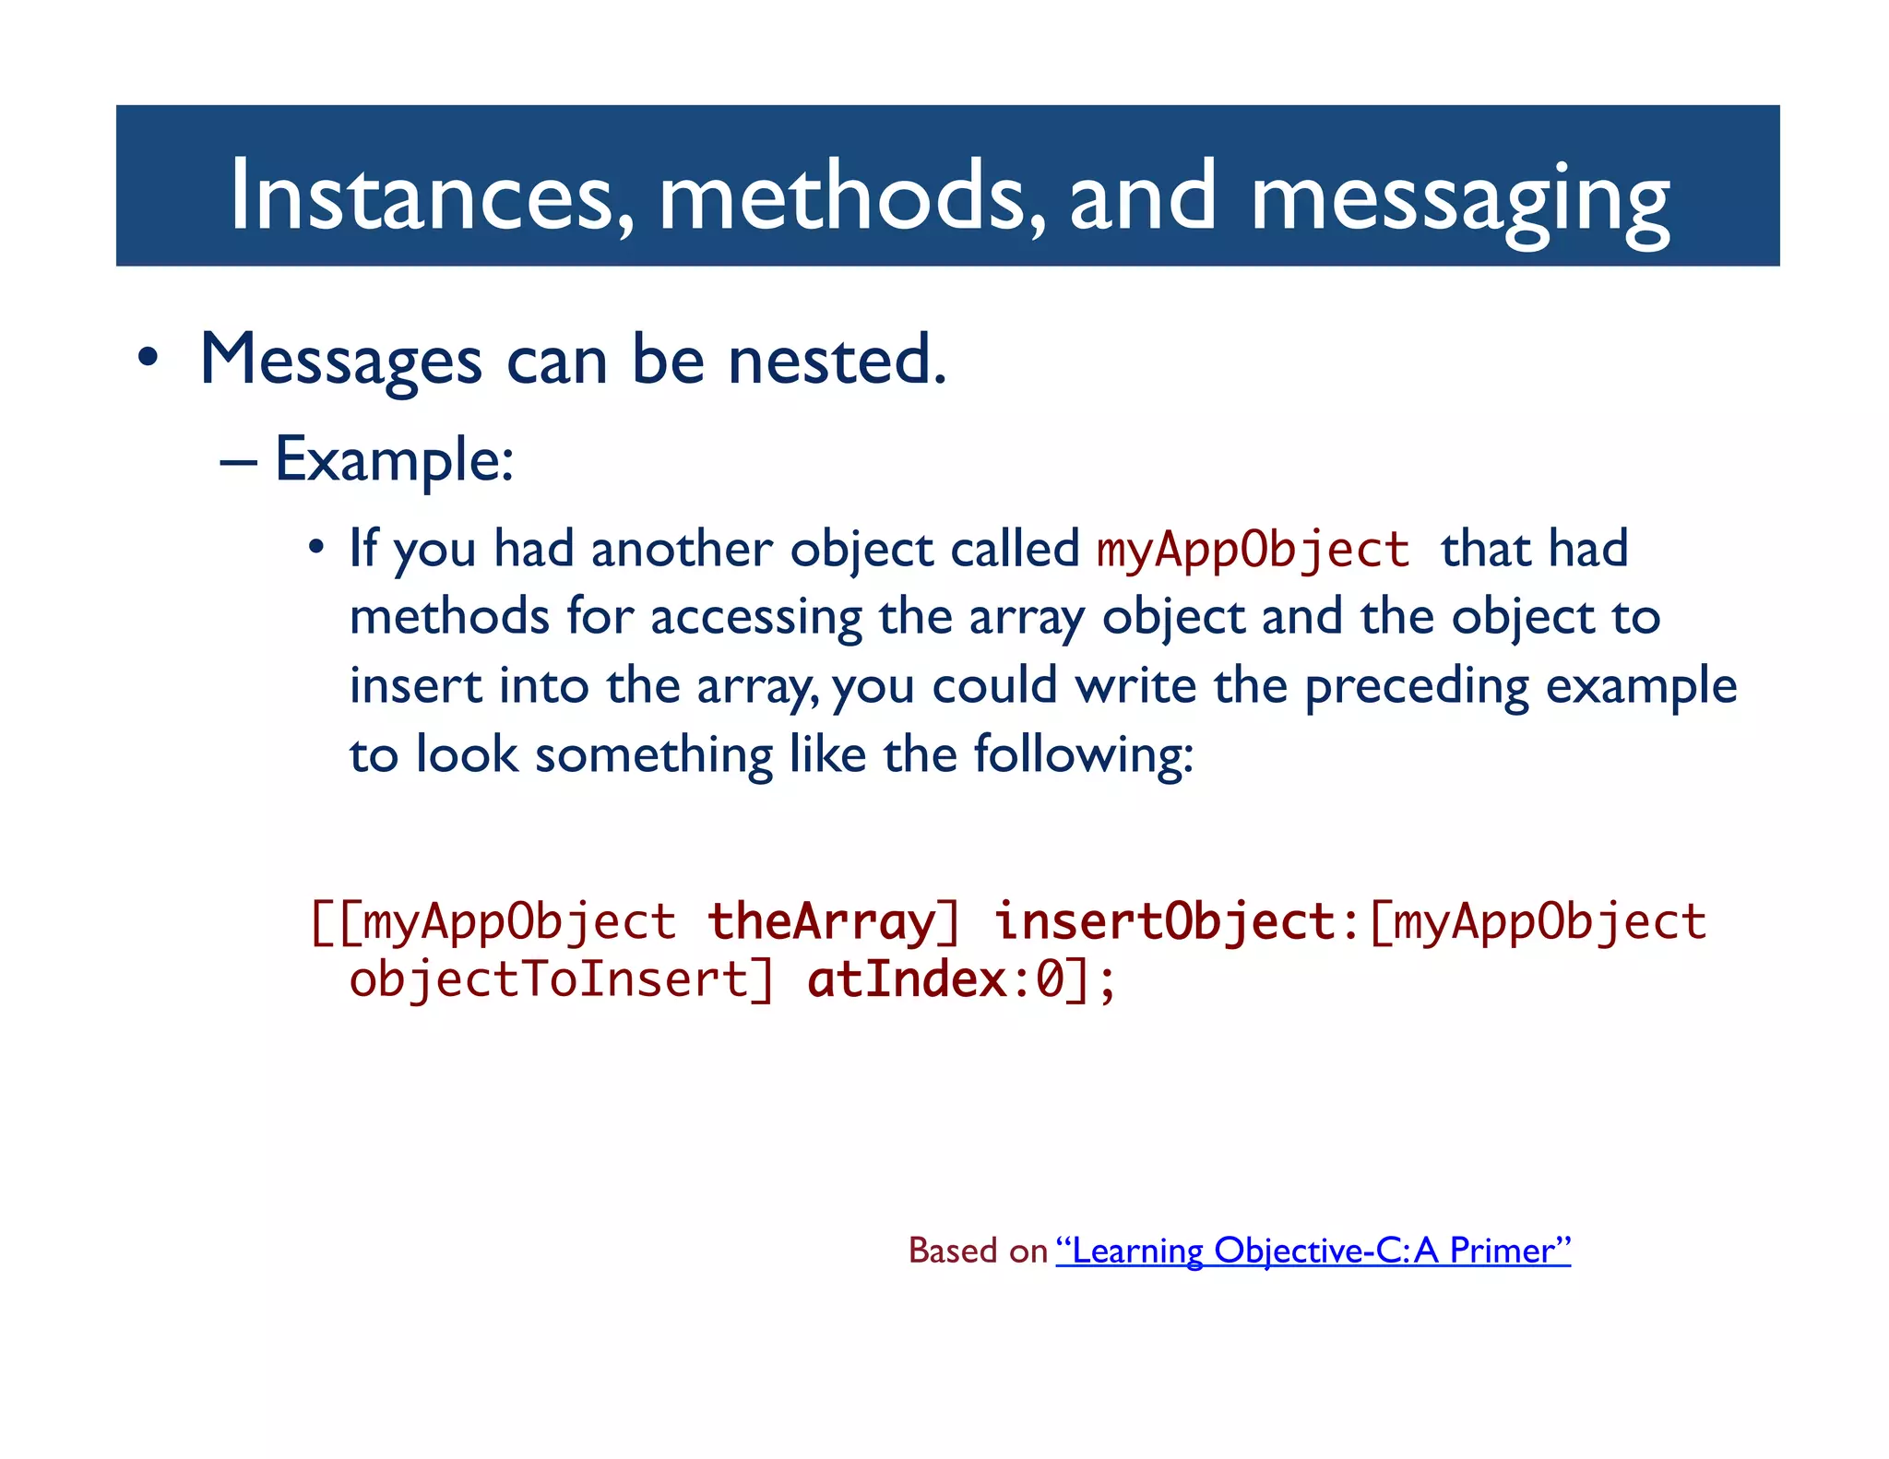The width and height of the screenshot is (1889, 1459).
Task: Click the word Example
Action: (x=393, y=459)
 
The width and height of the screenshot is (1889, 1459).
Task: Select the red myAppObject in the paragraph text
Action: (x=1253, y=550)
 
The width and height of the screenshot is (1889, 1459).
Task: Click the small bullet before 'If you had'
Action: (x=316, y=548)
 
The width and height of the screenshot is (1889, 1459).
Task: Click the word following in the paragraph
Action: (x=1083, y=755)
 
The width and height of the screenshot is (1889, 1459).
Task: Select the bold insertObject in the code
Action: (x=1164, y=921)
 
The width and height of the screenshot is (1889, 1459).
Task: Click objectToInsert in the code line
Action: (x=550, y=979)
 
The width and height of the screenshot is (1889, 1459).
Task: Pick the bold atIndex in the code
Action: (x=907, y=979)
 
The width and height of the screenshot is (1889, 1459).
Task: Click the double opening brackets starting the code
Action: (x=337, y=922)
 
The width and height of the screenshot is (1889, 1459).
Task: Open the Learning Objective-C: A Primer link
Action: (x=1313, y=1251)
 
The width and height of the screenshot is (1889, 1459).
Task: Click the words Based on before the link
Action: (x=978, y=1251)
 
